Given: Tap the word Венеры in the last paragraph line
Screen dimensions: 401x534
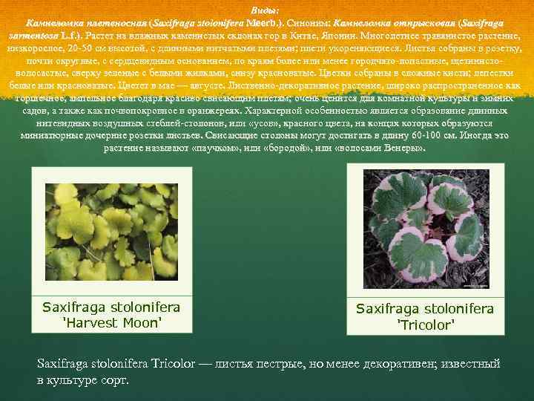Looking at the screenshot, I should click(x=403, y=147).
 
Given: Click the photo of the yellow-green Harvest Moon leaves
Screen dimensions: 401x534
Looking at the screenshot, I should click(x=111, y=228).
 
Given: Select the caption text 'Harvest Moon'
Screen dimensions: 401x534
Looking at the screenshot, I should click(x=111, y=322).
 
